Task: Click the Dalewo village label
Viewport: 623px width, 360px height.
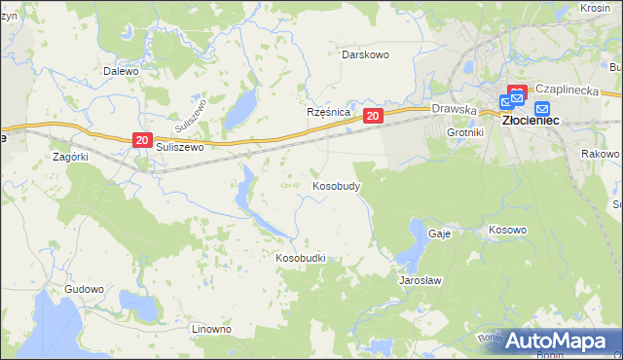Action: click(x=122, y=71)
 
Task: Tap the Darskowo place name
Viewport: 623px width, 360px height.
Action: click(x=365, y=54)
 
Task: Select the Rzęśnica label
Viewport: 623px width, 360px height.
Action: click(x=328, y=112)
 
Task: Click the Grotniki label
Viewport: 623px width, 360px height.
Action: click(x=465, y=131)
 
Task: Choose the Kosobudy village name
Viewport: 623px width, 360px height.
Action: click(x=337, y=185)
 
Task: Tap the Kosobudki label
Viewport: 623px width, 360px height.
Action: click(x=300, y=258)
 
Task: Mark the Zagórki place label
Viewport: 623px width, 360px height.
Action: click(x=71, y=156)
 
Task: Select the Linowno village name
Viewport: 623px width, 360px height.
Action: click(x=211, y=329)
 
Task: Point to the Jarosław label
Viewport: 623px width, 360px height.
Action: click(x=421, y=280)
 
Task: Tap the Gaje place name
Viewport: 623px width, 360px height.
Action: click(x=438, y=234)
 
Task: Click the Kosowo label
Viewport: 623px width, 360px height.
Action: click(x=506, y=231)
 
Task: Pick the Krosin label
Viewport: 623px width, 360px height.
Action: click(x=595, y=7)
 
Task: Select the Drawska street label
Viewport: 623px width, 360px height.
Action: click(x=454, y=110)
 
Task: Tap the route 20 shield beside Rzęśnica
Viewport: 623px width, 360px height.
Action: click(x=373, y=116)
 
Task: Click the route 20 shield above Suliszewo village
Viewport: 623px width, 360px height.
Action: click(x=142, y=141)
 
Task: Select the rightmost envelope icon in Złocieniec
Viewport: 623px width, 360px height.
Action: click(x=542, y=108)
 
